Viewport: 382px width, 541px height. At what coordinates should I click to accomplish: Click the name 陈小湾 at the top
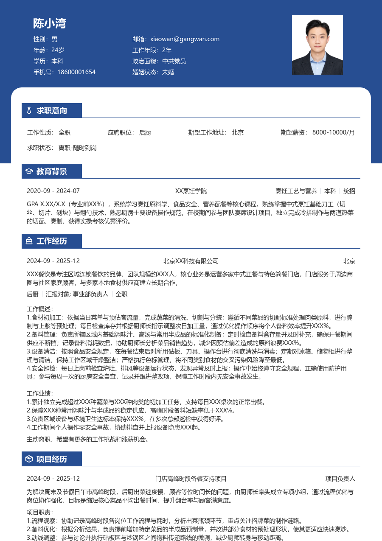point(50,23)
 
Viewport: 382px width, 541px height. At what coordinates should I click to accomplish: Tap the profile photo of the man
point(317,45)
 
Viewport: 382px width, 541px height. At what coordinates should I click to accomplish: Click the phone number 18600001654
point(76,72)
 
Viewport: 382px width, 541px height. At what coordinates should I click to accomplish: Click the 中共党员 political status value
point(174,61)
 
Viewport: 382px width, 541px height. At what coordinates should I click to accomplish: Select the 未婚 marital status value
point(168,72)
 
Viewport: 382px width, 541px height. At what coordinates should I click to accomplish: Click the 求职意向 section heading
point(52,111)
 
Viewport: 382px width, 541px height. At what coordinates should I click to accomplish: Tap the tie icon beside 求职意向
point(29,111)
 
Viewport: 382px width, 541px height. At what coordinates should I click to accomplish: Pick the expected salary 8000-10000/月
point(334,132)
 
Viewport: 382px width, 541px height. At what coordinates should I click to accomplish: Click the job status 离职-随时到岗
point(78,148)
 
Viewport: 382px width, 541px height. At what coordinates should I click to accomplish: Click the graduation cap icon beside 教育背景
point(29,171)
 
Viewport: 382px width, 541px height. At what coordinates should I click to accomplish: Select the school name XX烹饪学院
point(191,191)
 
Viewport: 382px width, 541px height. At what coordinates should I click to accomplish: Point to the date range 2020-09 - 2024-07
point(53,191)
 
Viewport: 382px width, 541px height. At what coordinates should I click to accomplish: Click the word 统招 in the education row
point(349,191)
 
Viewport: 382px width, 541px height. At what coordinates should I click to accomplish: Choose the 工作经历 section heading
point(52,241)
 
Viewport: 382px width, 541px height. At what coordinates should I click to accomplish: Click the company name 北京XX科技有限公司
point(191,261)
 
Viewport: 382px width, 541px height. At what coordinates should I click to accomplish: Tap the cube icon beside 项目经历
point(29,459)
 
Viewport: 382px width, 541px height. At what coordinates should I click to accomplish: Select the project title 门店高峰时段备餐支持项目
point(191,479)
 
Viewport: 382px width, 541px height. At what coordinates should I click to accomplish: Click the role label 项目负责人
point(340,479)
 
